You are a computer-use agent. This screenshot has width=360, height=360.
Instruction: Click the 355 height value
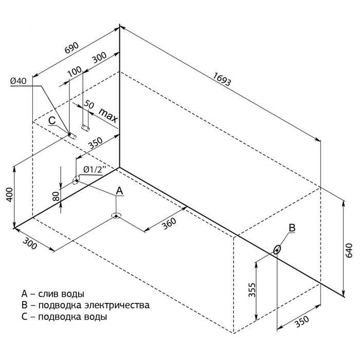click(249, 291)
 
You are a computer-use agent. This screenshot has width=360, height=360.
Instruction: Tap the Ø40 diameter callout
click(18, 81)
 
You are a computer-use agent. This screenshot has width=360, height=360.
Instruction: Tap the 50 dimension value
click(88, 104)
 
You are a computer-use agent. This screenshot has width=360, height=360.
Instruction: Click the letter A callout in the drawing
click(119, 190)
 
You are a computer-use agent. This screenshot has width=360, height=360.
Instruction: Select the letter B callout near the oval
click(292, 227)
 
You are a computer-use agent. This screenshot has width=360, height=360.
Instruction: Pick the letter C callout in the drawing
click(52, 120)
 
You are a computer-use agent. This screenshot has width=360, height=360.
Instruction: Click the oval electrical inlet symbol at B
click(278, 250)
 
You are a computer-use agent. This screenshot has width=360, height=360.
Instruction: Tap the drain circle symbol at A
click(116, 215)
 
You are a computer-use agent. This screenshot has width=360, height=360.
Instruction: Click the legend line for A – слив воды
click(53, 294)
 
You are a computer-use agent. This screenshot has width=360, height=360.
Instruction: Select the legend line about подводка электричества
click(85, 305)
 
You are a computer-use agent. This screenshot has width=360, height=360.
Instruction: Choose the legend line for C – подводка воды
click(64, 317)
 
